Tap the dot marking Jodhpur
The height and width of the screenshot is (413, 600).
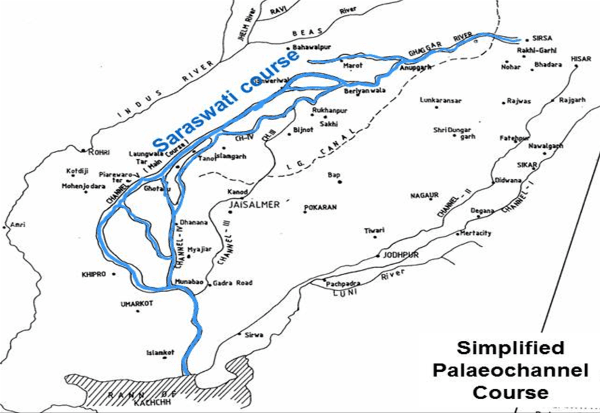click(x=378, y=256)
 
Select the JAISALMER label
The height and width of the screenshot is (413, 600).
click(x=253, y=205)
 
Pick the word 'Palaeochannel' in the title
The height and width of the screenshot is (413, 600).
click(x=510, y=370)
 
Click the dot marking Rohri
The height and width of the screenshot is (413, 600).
click(x=83, y=150)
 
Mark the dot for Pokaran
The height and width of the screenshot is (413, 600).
click(x=304, y=212)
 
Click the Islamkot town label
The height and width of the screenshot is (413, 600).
click(x=160, y=352)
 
